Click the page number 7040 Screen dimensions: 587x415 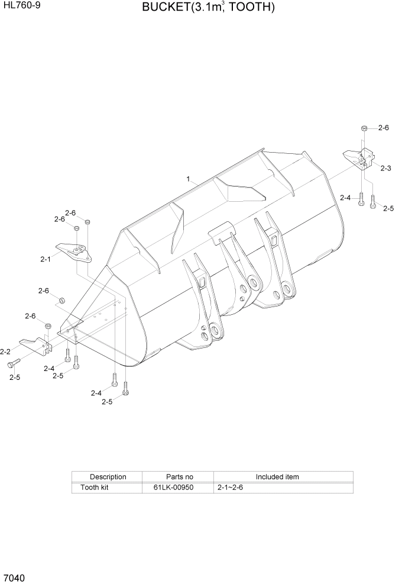pyautogui.click(x=14, y=577)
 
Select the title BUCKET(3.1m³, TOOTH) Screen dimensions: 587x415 pyautogui.click(x=208, y=8)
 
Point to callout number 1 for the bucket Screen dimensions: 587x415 pyautogui.click(x=188, y=178)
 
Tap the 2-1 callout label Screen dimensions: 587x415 pyautogui.click(x=46, y=259)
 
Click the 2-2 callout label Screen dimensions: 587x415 pyautogui.click(x=6, y=351)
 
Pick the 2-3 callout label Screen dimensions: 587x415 pyautogui.click(x=385, y=169)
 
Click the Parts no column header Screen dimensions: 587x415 pyautogui.click(x=177, y=476)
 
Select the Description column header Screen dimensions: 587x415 pyautogui.click(x=108, y=476)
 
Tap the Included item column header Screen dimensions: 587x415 pyautogui.click(x=277, y=476)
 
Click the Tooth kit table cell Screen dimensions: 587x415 pyautogui.click(x=95, y=488)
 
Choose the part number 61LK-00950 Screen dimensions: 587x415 pyautogui.click(x=177, y=488)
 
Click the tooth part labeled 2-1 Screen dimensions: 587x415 pyautogui.click(x=73, y=251)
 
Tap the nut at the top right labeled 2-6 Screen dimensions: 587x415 pyautogui.click(x=364, y=128)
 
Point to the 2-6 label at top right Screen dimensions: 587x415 pyautogui.click(x=383, y=128)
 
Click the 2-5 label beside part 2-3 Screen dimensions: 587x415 pyautogui.click(x=388, y=208)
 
